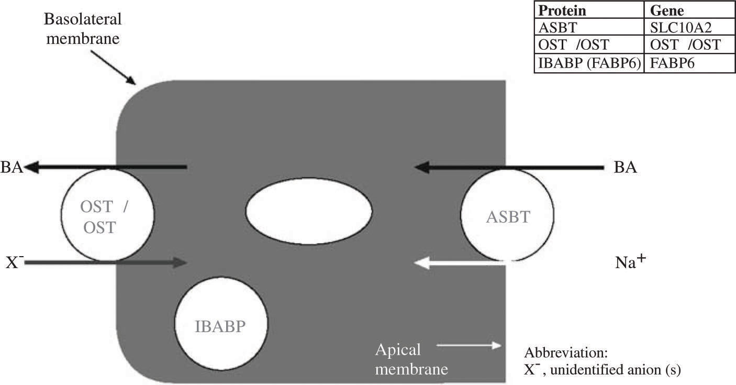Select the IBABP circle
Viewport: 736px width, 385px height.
click(221, 327)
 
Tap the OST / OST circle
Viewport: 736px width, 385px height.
click(107, 215)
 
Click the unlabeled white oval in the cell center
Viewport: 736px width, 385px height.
click(309, 210)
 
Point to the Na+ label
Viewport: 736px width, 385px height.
click(632, 262)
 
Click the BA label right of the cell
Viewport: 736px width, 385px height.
click(627, 169)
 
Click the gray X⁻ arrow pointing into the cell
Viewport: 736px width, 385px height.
click(105, 262)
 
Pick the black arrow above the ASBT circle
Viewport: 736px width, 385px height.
click(508, 167)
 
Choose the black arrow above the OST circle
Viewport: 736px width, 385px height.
click(105, 167)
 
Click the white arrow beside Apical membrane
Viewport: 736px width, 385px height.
click(469, 345)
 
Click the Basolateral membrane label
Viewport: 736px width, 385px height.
click(83, 29)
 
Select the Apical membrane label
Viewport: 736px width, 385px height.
click(411, 359)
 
